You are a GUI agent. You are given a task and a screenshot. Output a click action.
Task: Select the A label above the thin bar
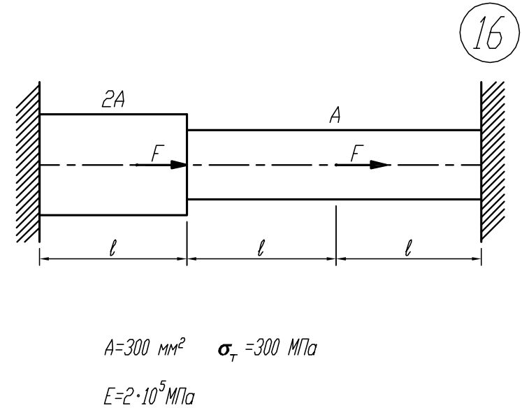tap(334, 117)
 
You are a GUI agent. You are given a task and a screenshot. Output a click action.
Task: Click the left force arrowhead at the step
tap(178, 165)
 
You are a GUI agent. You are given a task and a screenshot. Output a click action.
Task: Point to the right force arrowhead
tap(379, 165)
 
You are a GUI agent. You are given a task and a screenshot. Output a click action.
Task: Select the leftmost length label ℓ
tap(112, 247)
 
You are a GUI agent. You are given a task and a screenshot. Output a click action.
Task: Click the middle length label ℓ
tap(261, 247)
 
